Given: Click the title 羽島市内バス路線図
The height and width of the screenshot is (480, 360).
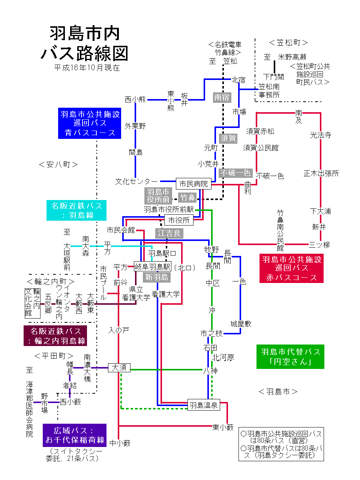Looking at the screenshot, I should click(85, 44).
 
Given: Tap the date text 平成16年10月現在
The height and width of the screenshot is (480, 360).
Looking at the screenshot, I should click(87, 68).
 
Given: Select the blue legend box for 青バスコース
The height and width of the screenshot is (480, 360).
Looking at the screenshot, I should click(90, 123).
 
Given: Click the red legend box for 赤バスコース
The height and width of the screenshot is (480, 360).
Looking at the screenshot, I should click(291, 268).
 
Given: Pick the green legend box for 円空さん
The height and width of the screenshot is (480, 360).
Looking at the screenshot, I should click(290, 357).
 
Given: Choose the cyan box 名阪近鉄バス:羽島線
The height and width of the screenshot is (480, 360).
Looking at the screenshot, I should click(76, 211).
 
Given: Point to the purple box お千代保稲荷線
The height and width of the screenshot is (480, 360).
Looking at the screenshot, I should click(75, 435).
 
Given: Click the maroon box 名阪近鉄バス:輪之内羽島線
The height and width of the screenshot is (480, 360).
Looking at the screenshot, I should click(55, 336).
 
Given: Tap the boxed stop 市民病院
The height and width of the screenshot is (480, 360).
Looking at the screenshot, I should click(193, 184).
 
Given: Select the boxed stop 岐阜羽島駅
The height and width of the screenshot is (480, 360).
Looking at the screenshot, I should click(153, 266).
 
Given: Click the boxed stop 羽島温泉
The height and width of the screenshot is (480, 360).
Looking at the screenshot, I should click(203, 405).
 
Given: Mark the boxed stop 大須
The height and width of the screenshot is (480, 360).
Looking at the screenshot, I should click(119, 367).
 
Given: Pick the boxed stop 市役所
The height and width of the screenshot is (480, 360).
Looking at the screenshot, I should click(179, 220).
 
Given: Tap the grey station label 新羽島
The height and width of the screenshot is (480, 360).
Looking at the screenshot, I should click(157, 277).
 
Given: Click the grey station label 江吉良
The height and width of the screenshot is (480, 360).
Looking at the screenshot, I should click(169, 233).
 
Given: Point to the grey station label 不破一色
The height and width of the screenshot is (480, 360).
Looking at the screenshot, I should click(235, 173).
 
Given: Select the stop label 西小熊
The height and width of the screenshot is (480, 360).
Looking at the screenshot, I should click(135, 99).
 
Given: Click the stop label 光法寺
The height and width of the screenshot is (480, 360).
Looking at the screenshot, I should click(321, 135).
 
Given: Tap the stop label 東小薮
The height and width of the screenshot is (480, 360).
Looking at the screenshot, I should click(223, 427).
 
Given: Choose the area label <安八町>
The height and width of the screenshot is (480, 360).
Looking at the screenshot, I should click(58, 164).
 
